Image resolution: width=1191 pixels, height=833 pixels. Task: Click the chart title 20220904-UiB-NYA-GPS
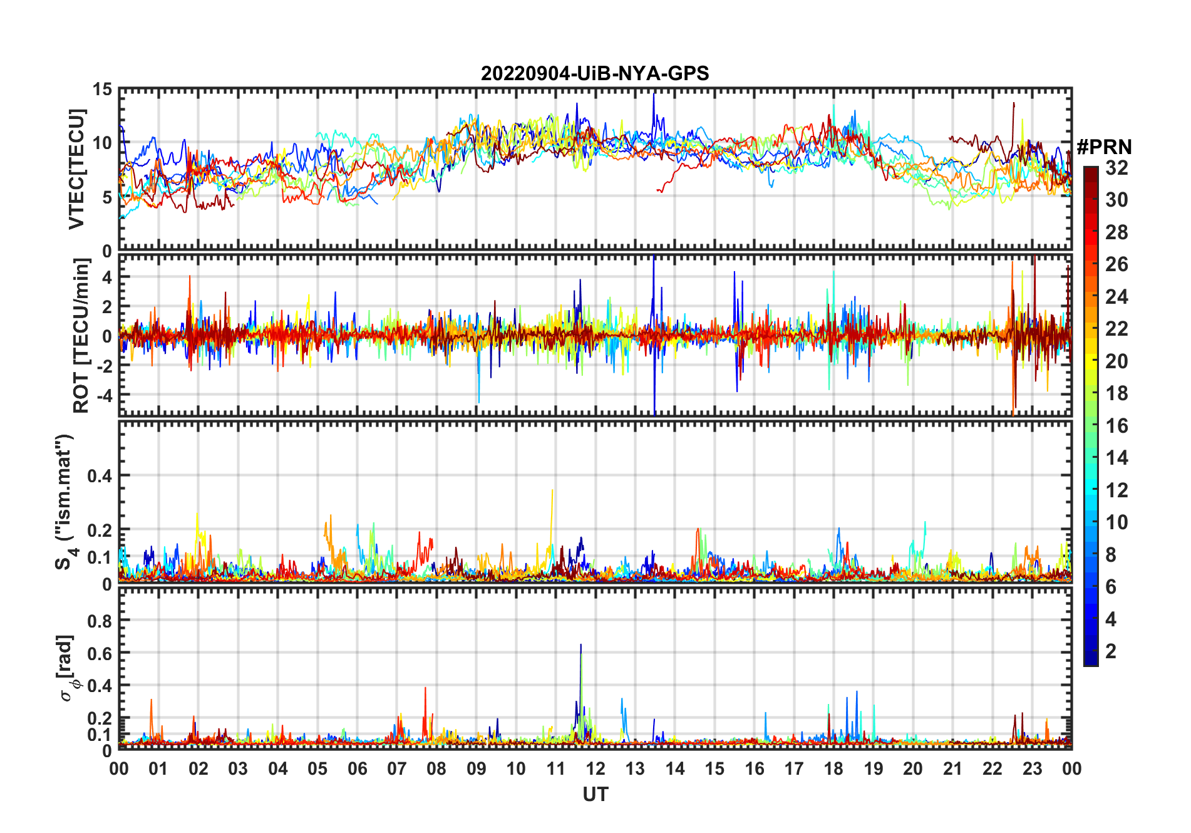(x=595, y=74)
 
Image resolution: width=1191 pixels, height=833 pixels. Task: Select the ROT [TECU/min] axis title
(x=81, y=336)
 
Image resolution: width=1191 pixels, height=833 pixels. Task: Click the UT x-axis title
(x=595, y=795)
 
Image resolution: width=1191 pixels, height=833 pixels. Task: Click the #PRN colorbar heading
(x=1104, y=147)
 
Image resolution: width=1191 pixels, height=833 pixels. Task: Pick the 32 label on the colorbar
(x=1116, y=168)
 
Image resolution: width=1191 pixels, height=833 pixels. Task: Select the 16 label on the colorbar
(x=1116, y=426)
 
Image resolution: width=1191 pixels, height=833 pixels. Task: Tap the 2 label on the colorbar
(x=1111, y=651)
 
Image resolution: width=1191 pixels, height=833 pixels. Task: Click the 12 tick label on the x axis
(x=595, y=768)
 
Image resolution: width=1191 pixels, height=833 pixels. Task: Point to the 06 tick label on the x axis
(x=358, y=768)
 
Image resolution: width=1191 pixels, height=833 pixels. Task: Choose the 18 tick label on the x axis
(x=833, y=768)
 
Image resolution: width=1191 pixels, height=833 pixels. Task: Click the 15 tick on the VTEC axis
(x=102, y=90)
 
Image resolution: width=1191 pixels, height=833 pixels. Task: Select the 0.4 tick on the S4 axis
(x=100, y=476)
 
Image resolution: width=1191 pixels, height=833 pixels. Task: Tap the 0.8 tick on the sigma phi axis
(x=100, y=621)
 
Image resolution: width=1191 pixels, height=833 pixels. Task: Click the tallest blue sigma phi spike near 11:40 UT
(x=580, y=645)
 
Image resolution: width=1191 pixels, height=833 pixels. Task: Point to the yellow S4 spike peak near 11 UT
(x=552, y=490)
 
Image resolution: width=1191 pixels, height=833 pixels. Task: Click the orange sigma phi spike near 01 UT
(x=151, y=700)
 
